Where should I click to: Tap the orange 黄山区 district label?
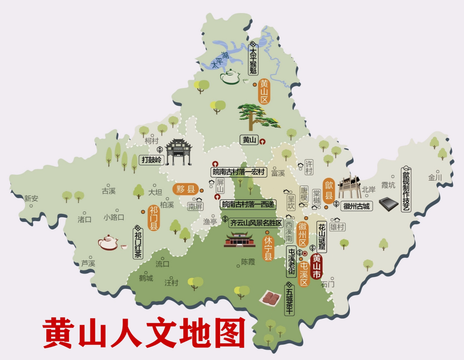pyautogui.click(x=264, y=92)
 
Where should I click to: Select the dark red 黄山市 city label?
pyautogui.click(x=317, y=267)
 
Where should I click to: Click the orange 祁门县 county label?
pyautogui.click(x=154, y=218)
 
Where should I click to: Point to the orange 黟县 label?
pyautogui.click(x=186, y=189)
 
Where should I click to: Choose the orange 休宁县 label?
pyautogui.click(x=268, y=248)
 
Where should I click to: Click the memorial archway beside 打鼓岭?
pyautogui.click(x=178, y=152)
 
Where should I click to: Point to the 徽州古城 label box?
pyautogui.click(x=356, y=206)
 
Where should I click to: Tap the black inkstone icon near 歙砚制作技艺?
pyautogui.click(x=389, y=204)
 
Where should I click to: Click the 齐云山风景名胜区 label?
pyautogui.click(x=256, y=223)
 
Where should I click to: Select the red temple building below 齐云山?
pyautogui.click(x=240, y=240)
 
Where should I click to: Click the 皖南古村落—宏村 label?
pyautogui.click(x=239, y=172)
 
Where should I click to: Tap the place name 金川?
pyautogui.click(x=435, y=177)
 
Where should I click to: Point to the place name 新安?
pyautogui.click(x=31, y=199)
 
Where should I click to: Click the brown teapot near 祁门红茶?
pyautogui.click(x=108, y=243)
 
